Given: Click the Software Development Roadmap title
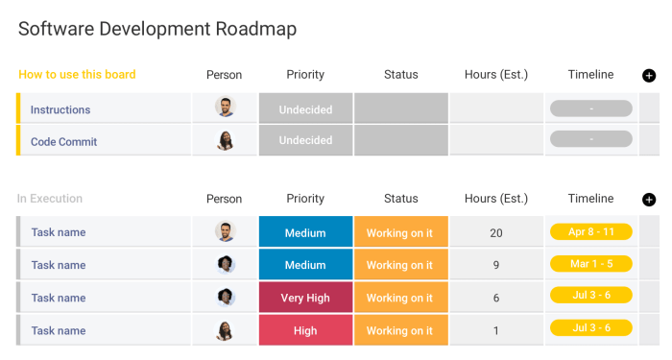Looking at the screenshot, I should pos(157,29).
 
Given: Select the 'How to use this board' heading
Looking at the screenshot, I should pos(77,75).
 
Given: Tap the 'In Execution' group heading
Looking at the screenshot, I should pos(50,199).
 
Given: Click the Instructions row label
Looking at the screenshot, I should pos(60,109).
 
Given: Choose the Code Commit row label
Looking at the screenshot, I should pos(64,141).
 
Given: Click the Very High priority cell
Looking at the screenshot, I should pos(305,298).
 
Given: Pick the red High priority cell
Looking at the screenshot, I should pos(305,330).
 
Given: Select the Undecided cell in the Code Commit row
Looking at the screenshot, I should pos(305,141).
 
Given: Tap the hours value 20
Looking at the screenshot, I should pos(496,232).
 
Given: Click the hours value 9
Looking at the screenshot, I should pos(496,265).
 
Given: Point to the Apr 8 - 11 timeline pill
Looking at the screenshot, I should pos(591,231).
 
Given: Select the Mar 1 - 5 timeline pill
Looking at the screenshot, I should pos(591,264).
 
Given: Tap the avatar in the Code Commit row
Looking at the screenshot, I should pos(225,141).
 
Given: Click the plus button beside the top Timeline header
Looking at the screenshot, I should pos(649,76).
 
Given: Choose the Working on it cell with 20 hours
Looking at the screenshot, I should pos(399,232).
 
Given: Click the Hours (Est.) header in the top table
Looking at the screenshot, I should pos(496,75).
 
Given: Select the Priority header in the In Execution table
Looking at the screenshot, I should pos(305,199).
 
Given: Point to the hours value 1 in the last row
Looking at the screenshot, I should pos(496,330).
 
